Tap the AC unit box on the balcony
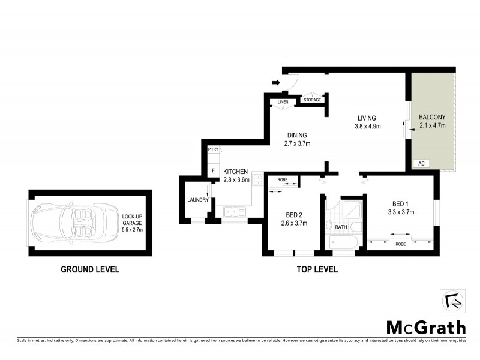point(421,163)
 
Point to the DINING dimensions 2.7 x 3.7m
point(298,143)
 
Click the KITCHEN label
point(235,172)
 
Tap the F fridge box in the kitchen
point(213,171)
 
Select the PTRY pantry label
point(213,149)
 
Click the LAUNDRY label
point(197,200)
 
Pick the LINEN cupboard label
point(283,102)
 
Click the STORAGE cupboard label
point(312,100)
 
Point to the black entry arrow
point(276,83)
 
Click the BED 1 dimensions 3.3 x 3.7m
point(402,212)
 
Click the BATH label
point(341,227)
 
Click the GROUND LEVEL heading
point(90,269)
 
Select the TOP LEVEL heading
point(317,269)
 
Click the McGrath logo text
point(425,327)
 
